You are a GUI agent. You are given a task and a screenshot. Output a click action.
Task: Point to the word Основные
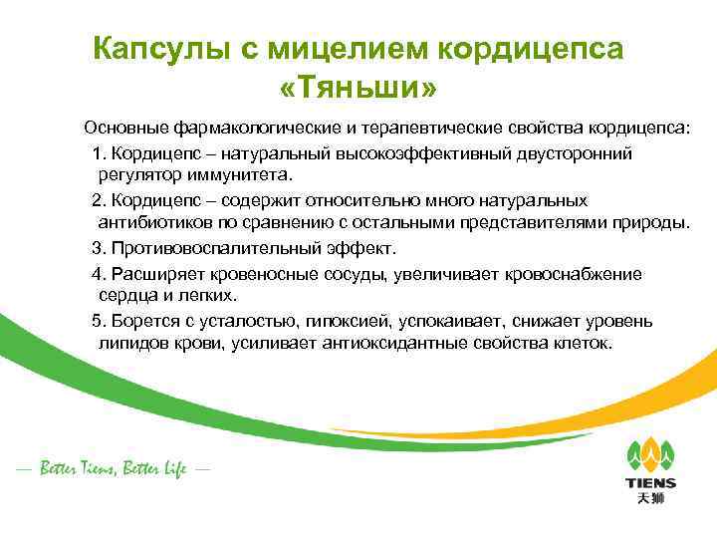pos(126,129)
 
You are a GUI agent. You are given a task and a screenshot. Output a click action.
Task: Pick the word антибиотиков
pos(153,221)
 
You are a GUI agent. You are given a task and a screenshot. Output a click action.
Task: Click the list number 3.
pos(97,246)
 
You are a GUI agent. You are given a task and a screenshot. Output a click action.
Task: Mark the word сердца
pos(125,295)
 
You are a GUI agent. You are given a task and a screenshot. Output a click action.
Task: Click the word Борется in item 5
pos(142,321)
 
